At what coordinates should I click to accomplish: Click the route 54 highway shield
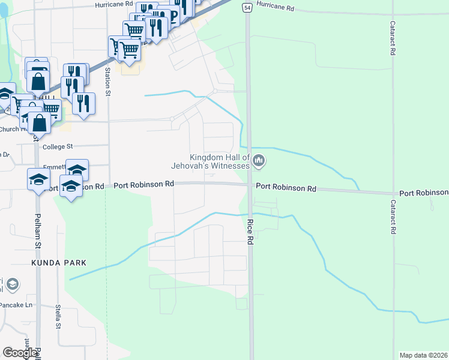click(x=247, y=7)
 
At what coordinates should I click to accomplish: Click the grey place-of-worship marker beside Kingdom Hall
click(x=259, y=160)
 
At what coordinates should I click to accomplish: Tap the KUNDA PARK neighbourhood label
click(x=59, y=263)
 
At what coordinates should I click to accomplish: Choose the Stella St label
click(x=58, y=317)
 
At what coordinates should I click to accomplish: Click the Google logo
click(x=20, y=352)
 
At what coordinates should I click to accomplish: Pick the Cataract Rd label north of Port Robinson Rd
click(x=392, y=40)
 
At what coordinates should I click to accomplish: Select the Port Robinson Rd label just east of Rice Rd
click(x=286, y=188)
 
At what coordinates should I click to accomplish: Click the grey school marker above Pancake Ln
click(x=13, y=284)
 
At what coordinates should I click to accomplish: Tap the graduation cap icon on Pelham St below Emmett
click(x=39, y=179)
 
